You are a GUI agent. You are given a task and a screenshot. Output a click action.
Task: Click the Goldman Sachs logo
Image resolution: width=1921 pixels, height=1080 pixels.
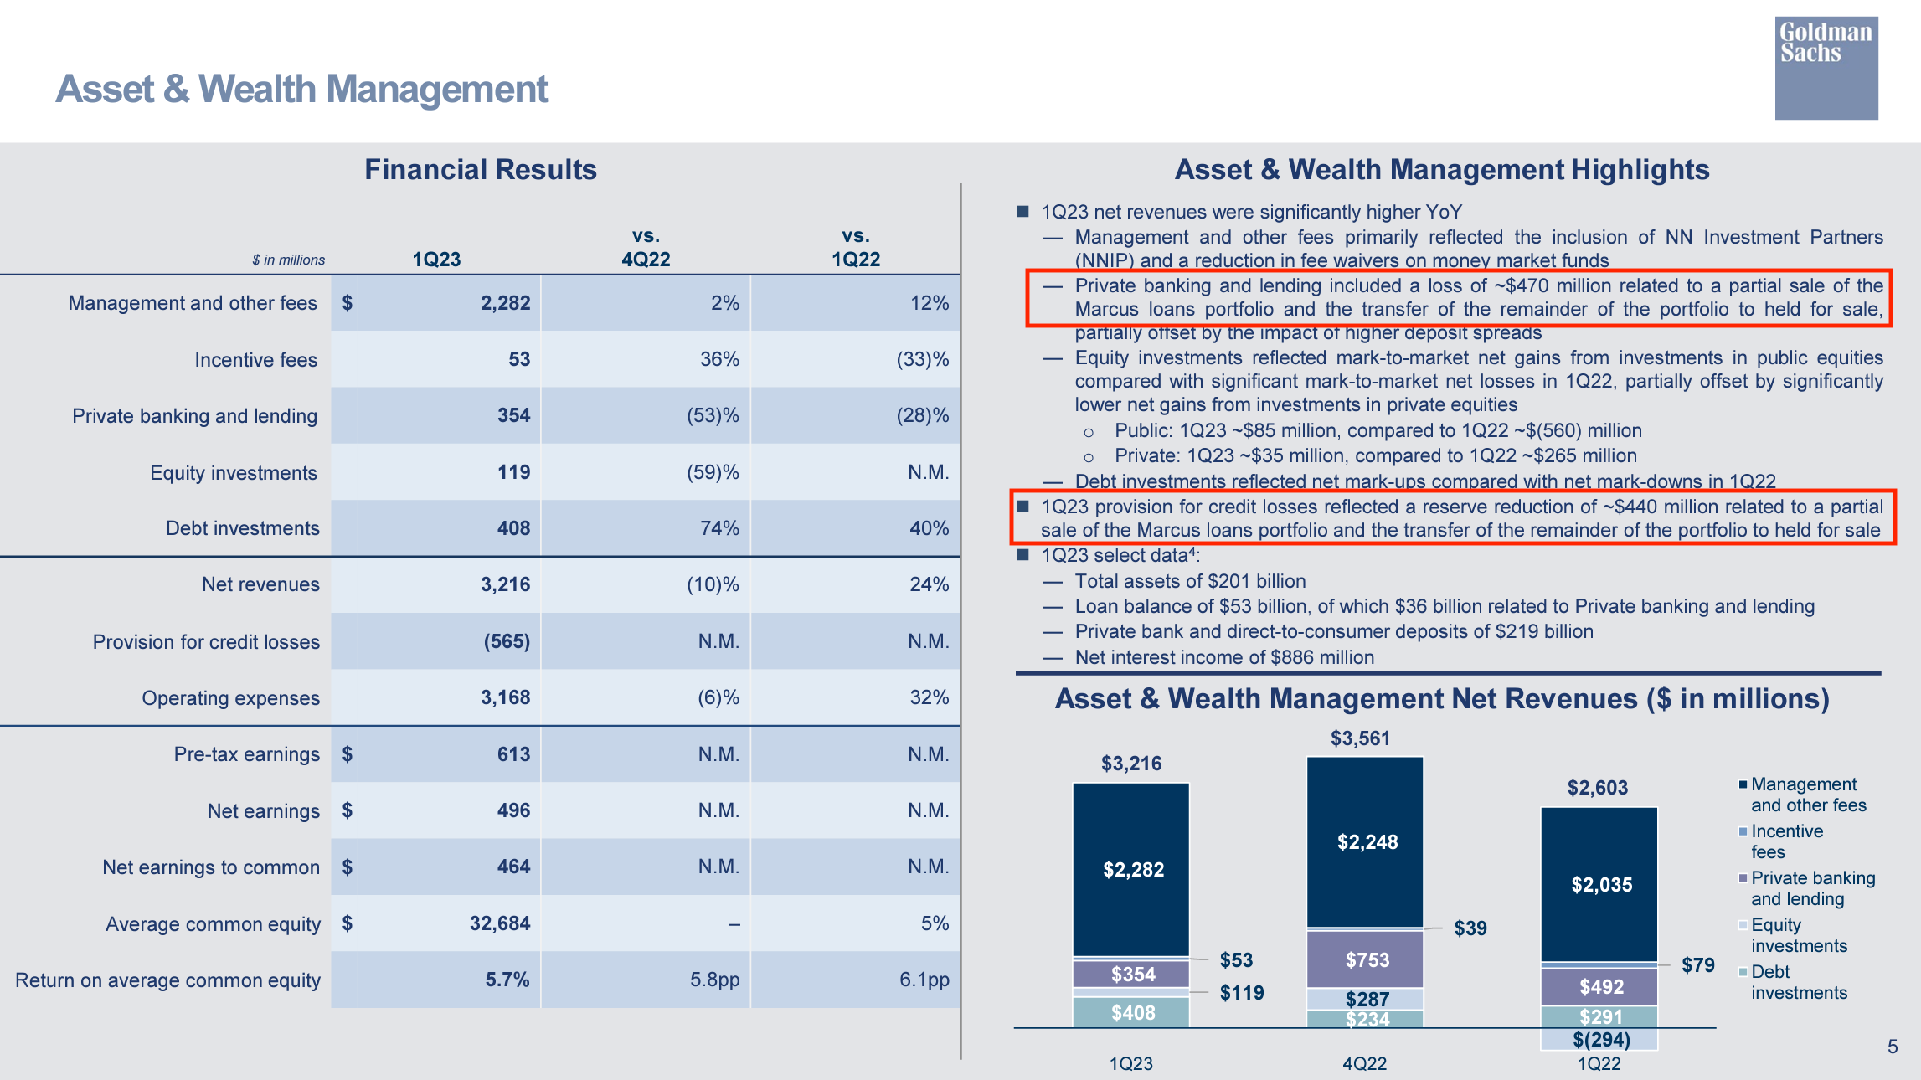pyautogui.click(x=1826, y=68)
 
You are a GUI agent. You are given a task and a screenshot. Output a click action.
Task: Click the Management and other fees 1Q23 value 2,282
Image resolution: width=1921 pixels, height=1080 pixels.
pyautogui.click(x=505, y=303)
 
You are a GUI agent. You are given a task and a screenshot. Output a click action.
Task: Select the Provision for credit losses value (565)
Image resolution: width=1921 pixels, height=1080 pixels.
pyautogui.click(x=507, y=641)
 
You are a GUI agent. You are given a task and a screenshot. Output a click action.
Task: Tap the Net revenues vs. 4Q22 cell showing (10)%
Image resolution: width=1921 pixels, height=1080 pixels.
pyautogui.click(x=713, y=584)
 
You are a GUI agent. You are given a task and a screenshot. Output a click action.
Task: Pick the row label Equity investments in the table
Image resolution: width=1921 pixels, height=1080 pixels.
pyautogui.click(x=233, y=473)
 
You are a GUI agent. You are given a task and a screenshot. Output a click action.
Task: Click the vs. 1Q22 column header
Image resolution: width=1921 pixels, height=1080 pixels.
pyautogui.click(x=855, y=248)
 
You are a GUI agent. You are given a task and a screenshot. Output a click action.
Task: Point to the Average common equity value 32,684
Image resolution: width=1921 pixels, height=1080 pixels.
pyautogui.click(x=499, y=923)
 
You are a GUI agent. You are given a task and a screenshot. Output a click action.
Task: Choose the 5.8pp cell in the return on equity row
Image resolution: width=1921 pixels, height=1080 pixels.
pyautogui.click(x=714, y=980)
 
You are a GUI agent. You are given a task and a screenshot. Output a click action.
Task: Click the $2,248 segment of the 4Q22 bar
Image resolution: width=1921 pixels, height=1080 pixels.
pyautogui.click(x=1367, y=842)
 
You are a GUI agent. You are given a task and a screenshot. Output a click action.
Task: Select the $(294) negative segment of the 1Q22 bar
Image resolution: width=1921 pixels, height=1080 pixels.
pyautogui.click(x=1600, y=1040)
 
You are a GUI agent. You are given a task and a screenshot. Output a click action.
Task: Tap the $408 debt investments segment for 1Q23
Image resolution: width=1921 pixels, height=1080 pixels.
pyautogui.click(x=1132, y=1013)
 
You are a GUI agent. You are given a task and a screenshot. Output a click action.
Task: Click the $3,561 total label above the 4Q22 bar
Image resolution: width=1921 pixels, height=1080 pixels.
pyautogui.click(x=1360, y=738)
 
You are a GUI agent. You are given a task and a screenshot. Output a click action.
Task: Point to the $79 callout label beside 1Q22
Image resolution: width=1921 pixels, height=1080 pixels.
pyautogui.click(x=1697, y=965)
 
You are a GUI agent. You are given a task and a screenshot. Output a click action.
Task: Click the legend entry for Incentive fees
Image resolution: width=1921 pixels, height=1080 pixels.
pyautogui.click(x=1785, y=841)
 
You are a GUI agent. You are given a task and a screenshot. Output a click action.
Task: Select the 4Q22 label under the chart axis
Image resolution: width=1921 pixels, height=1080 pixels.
pyautogui.click(x=1364, y=1063)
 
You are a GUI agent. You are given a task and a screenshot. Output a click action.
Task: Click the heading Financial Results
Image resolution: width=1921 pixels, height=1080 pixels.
pyautogui.click(x=480, y=170)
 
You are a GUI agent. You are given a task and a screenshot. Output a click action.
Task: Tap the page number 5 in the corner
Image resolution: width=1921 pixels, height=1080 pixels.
pyautogui.click(x=1892, y=1047)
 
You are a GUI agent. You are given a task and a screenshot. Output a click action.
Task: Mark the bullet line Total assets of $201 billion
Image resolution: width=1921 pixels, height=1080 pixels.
pyautogui.click(x=1189, y=581)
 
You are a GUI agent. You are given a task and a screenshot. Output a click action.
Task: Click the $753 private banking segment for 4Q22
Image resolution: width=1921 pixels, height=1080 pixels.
pyautogui.click(x=1367, y=960)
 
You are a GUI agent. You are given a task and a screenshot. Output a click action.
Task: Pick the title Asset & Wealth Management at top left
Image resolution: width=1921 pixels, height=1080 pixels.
pyautogui.click(x=301, y=90)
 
